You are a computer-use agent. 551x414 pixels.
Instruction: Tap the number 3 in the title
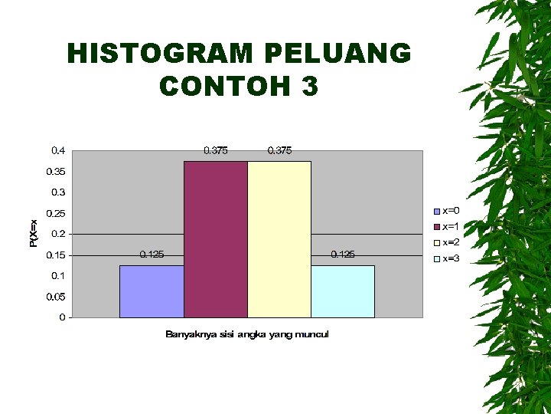(309, 86)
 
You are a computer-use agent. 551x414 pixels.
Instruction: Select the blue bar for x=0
(152, 291)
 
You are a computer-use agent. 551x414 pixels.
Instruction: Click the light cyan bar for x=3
(343, 291)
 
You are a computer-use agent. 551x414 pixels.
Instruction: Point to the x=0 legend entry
(446, 210)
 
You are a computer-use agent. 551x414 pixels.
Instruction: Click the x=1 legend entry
(446, 226)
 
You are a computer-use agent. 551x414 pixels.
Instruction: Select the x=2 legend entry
(446, 242)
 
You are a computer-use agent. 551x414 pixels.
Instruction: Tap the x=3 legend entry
(446, 258)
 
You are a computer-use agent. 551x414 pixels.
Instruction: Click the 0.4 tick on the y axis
(58, 150)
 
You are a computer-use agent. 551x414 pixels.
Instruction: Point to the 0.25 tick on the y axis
(56, 213)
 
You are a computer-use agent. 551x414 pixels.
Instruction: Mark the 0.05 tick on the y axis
(56, 297)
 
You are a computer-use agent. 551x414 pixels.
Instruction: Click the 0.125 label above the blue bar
(152, 254)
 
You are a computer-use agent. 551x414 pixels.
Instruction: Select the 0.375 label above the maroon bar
(215, 150)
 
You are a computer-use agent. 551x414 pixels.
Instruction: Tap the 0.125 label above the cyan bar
(343, 254)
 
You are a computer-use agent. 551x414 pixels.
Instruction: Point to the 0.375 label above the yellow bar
(279, 150)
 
